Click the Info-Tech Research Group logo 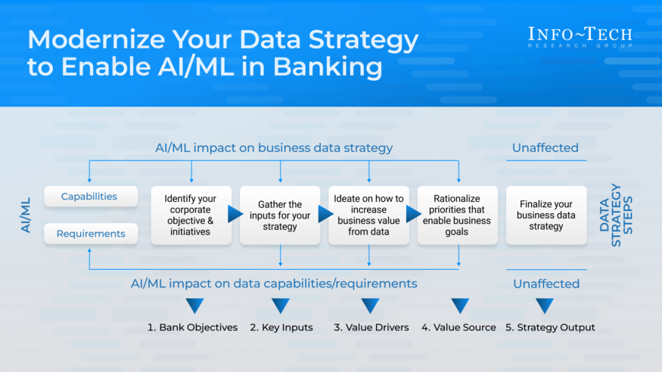click(x=580, y=37)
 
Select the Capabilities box click(x=90, y=197)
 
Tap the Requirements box click(x=90, y=234)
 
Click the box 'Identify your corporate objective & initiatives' click(x=190, y=215)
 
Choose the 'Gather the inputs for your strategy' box click(x=279, y=215)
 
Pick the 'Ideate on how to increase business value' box click(x=368, y=215)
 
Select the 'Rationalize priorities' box click(x=457, y=215)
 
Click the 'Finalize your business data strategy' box click(x=545, y=215)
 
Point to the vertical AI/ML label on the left click(x=26, y=215)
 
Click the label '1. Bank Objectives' click(x=192, y=327)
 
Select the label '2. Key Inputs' click(x=280, y=327)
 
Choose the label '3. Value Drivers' click(x=371, y=327)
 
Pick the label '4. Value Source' click(x=458, y=327)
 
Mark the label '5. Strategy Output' click(x=550, y=327)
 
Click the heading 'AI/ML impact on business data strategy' click(x=273, y=147)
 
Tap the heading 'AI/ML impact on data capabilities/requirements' click(x=273, y=284)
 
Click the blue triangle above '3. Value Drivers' click(x=370, y=305)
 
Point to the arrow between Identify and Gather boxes click(x=235, y=215)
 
